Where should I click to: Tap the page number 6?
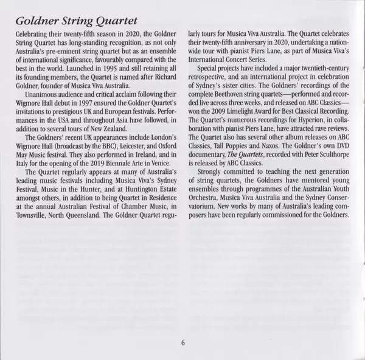click(182, 341)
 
